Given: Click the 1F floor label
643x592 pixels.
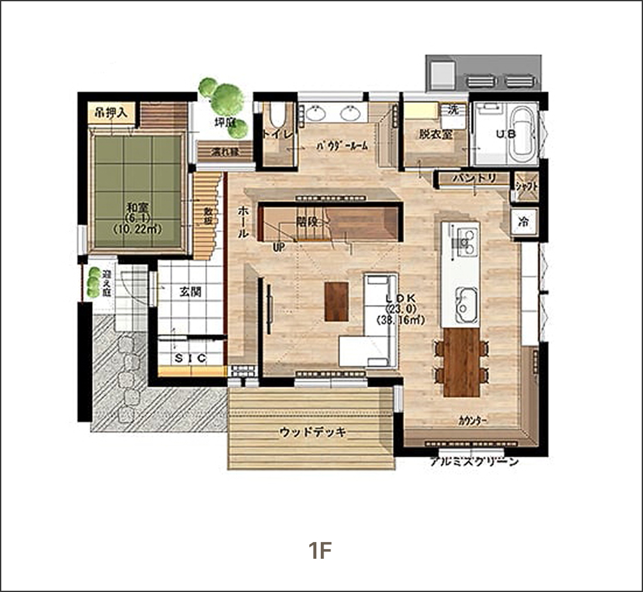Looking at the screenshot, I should coord(321,550).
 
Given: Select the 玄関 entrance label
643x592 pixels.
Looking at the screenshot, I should coord(190,292).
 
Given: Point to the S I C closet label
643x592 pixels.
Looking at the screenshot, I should coord(190,359).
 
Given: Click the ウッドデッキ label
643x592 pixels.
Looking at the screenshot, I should coord(313,433).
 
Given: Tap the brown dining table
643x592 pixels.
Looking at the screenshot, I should coord(461,361).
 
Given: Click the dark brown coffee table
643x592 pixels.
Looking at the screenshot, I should coord(336,301).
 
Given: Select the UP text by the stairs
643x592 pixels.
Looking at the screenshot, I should coord(279,246).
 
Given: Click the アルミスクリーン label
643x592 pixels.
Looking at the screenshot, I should coord(474,462).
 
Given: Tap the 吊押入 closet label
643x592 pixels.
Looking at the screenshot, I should coord(111,114).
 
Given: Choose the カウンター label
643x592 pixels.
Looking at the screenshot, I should coord(473,421).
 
